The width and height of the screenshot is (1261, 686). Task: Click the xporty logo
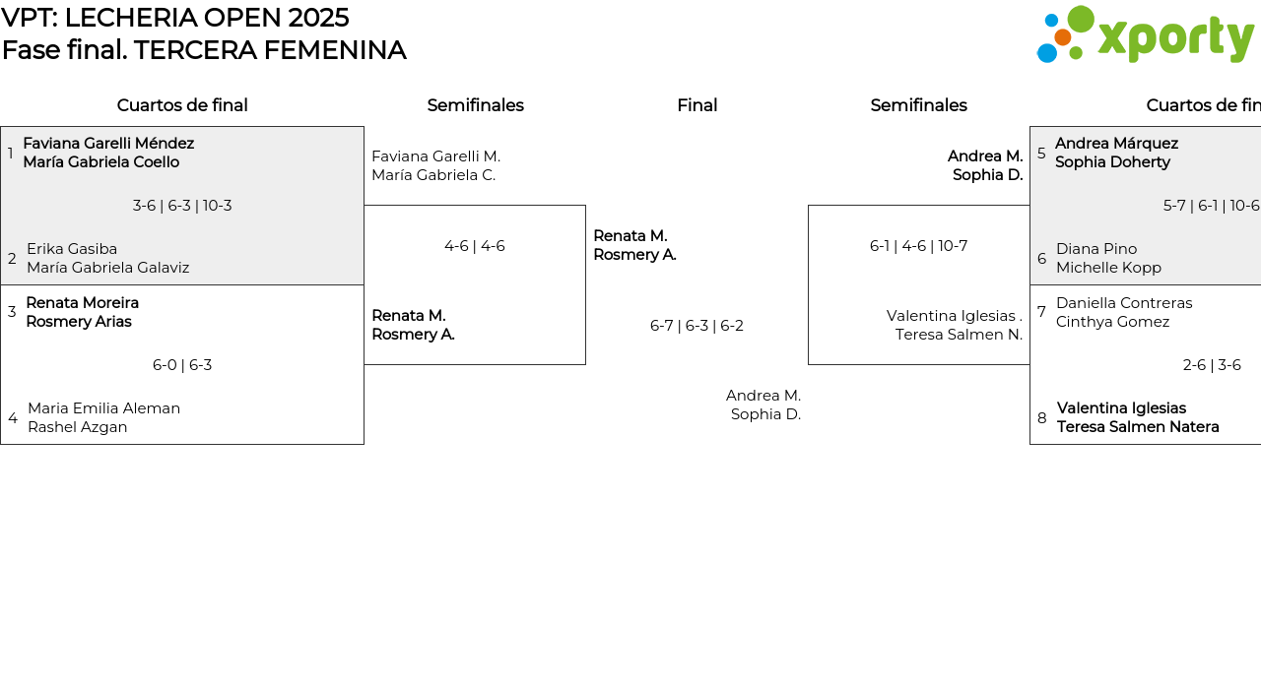pyautogui.click(x=1146, y=34)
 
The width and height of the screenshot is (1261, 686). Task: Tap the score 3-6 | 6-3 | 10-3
pyautogui.click(x=182, y=206)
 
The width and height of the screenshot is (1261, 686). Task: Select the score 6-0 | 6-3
pyautogui.click(x=182, y=365)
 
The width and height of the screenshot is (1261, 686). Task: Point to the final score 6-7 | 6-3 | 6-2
pyautogui.click(x=697, y=326)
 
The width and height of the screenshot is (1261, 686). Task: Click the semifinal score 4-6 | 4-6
pyautogui.click(x=475, y=246)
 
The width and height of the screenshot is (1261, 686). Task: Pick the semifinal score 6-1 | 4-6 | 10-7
pyautogui.click(x=918, y=246)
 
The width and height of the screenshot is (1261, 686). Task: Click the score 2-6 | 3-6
pyautogui.click(x=1212, y=365)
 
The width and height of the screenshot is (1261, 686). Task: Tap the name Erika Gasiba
pyautogui.click(x=72, y=249)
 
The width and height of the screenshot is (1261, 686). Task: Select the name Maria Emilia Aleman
pyautogui.click(x=104, y=408)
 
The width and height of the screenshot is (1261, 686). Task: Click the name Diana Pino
pyautogui.click(x=1096, y=249)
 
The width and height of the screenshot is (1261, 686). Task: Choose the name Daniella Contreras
pyautogui.click(x=1124, y=303)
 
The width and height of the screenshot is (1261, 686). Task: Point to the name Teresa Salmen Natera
pyautogui.click(x=1138, y=427)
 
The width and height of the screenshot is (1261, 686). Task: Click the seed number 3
pyautogui.click(x=12, y=312)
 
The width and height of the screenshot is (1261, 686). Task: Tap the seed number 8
pyautogui.click(x=1042, y=418)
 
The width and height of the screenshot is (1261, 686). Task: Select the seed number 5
pyautogui.click(x=1041, y=154)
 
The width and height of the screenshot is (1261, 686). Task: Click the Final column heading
pyautogui.click(x=697, y=105)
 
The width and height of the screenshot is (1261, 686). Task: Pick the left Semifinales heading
pyautogui.click(x=475, y=105)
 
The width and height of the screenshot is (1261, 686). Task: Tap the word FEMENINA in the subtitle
pyautogui.click(x=335, y=50)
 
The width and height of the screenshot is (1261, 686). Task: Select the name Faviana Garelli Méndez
pyautogui.click(x=108, y=144)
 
